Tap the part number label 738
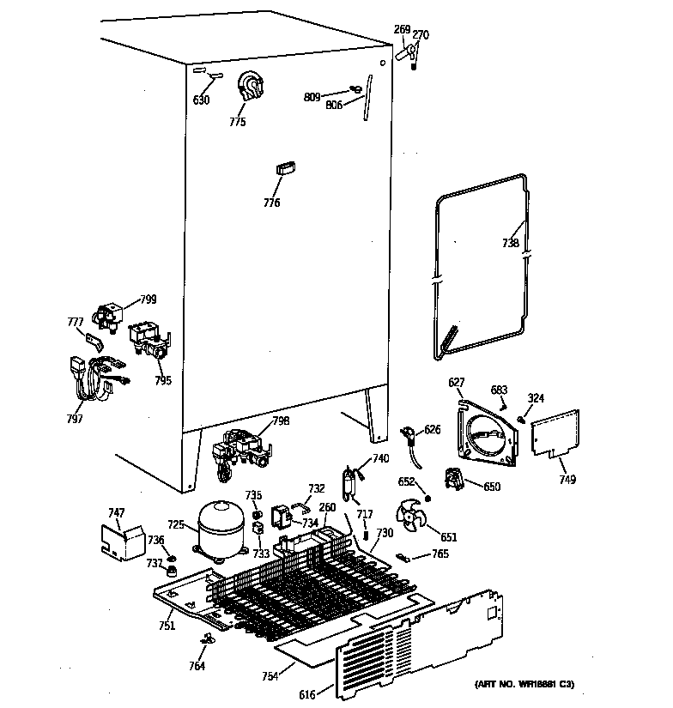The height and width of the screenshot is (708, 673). click(510, 243)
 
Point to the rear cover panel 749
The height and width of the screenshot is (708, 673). click(555, 434)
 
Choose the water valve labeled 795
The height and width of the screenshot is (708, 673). click(149, 341)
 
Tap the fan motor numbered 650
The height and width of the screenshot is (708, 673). click(454, 481)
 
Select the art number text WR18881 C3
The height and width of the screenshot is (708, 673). click(524, 684)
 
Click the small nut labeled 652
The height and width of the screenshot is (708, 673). click(427, 499)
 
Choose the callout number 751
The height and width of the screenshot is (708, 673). click(167, 626)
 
